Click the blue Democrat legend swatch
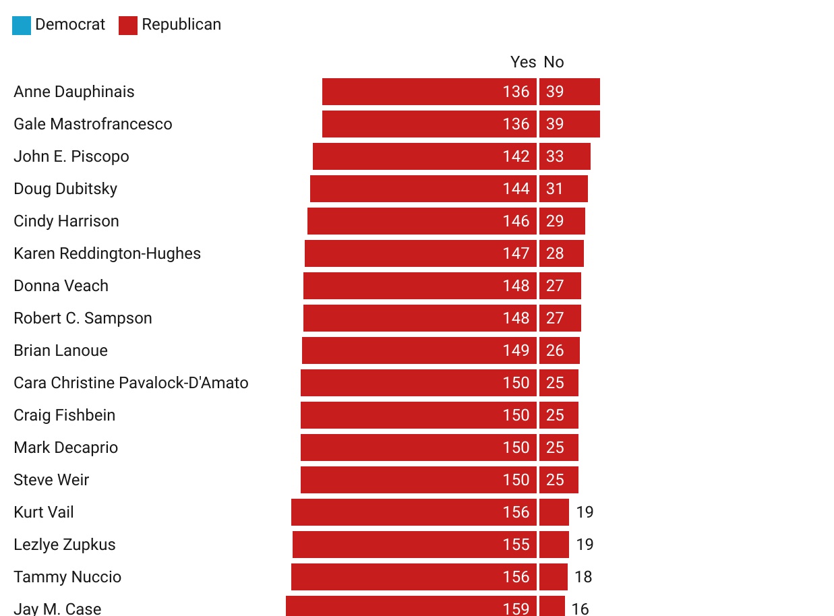tap(22, 26)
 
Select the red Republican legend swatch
tap(128, 26)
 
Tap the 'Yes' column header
tap(523, 62)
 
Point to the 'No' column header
tap(554, 62)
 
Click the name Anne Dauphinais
tap(74, 92)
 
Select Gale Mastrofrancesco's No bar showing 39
tap(570, 124)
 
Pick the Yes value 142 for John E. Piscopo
tap(516, 156)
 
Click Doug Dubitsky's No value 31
tap(554, 189)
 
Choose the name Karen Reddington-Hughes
tap(107, 253)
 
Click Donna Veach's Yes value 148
tap(516, 286)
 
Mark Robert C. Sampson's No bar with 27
tap(560, 318)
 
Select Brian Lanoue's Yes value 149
tap(516, 350)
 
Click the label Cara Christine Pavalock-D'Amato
tap(131, 383)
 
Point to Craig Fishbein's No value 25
tap(555, 415)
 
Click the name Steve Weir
tap(51, 480)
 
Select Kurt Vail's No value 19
tap(585, 512)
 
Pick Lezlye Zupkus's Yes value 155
tap(516, 545)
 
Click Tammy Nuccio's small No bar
tap(554, 577)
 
